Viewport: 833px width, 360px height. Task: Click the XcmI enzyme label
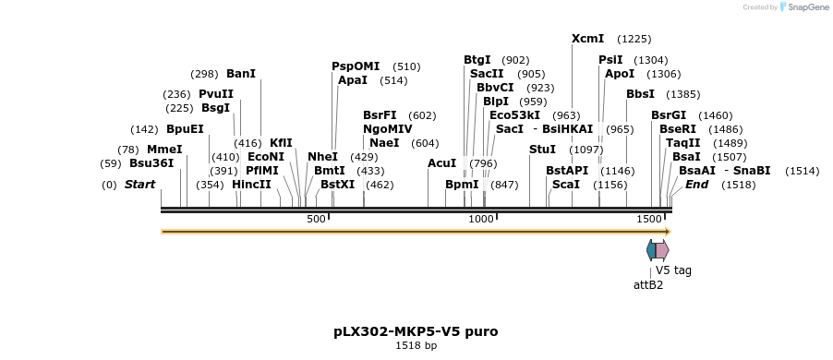[x=588, y=39]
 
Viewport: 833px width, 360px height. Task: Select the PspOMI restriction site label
[x=356, y=66]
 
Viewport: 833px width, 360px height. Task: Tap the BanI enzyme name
[x=241, y=74]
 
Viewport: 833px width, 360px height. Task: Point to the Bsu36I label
[x=151, y=163]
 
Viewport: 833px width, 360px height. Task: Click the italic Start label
[x=139, y=185]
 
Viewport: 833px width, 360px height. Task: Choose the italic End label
[x=696, y=185]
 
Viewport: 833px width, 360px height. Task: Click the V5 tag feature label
[x=673, y=270]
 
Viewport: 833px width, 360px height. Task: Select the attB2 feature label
[x=647, y=284]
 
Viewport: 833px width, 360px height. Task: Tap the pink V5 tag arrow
[x=662, y=250]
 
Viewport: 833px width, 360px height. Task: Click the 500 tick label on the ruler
[x=316, y=219]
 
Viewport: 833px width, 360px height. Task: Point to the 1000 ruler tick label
[x=481, y=219]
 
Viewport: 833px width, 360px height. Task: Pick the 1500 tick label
[x=649, y=219]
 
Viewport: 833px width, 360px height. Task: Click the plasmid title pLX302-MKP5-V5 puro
[x=416, y=330]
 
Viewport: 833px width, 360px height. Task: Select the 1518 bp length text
[x=416, y=345]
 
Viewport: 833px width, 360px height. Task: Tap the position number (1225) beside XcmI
[x=634, y=39]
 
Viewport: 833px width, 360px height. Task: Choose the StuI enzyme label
[x=542, y=149]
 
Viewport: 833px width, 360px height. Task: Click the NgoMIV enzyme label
[x=387, y=129]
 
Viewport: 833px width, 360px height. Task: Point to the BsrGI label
[x=669, y=115]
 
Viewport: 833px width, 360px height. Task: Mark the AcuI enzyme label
[x=442, y=163]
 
